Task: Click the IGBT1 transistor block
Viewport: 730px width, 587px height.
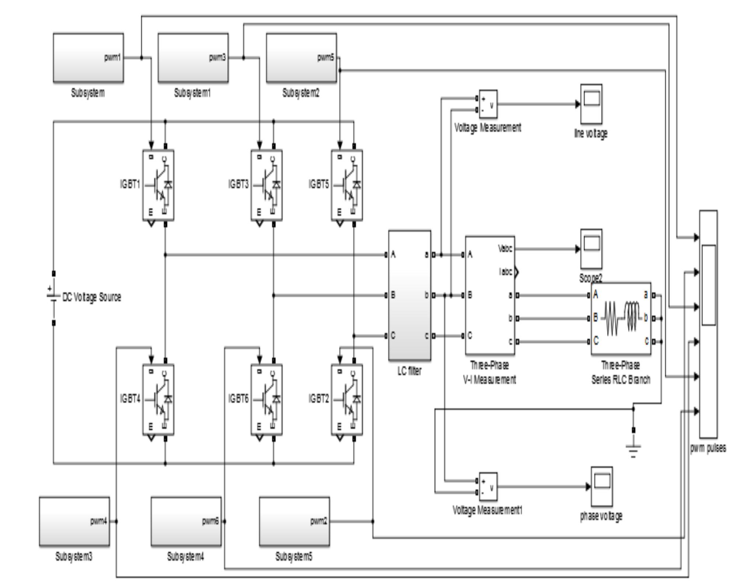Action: [x=158, y=185]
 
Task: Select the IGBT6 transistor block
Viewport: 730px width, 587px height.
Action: [x=266, y=399]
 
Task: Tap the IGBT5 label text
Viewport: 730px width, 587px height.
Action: [x=319, y=184]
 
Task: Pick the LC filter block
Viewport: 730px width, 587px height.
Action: [x=409, y=295]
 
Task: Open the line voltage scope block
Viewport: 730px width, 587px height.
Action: [x=591, y=104]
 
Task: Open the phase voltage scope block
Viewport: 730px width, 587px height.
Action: [x=601, y=486]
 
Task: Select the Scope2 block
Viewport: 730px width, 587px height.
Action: [x=591, y=249]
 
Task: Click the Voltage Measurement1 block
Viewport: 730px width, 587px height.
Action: [x=488, y=486]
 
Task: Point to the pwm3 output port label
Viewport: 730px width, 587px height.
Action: [x=217, y=58]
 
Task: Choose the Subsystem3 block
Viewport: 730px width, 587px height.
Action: [x=74, y=521]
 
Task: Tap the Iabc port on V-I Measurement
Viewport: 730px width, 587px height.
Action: [x=506, y=272]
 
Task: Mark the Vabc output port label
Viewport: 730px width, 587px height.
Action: [x=505, y=249]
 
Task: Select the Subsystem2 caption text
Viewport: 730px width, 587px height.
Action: [x=301, y=94]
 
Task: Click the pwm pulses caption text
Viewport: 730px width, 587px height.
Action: [x=708, y=448]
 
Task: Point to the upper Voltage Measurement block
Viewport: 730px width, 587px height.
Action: [x=488, y=104]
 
